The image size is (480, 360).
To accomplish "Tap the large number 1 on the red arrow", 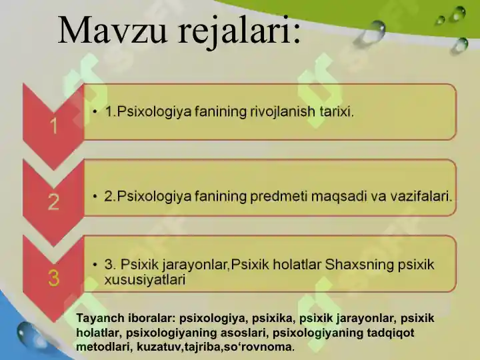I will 53,125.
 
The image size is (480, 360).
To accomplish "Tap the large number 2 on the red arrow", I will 53,201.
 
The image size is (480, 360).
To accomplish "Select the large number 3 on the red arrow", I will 53,277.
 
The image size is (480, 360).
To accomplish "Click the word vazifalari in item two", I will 417,197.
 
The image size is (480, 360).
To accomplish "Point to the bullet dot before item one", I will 96,112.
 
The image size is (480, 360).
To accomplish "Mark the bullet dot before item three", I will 96,265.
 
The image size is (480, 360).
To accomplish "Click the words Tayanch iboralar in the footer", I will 126,319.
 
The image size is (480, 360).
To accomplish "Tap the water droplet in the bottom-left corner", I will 31,333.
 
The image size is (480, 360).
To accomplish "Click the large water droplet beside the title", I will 376,30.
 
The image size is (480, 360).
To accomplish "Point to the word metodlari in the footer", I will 101,347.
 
